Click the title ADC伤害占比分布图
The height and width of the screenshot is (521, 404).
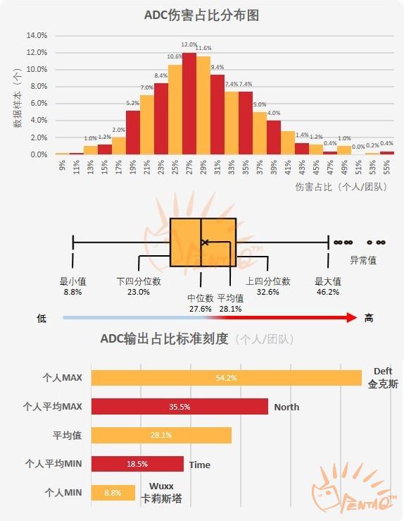point(201,15)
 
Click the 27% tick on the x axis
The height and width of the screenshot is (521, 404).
point(189,166)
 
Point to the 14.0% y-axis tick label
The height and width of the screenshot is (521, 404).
point(37,35)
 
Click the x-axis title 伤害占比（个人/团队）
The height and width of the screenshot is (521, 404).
point(346,187)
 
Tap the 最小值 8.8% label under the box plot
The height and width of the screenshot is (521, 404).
point(72,286)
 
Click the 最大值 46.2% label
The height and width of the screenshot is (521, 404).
point(328,286)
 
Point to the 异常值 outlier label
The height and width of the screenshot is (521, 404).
point(363,260)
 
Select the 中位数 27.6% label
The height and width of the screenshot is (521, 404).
point(201,303)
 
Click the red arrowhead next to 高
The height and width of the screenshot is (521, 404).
point(351,318)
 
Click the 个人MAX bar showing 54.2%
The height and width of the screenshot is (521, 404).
point(226,378)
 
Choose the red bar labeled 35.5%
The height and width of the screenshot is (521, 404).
point(179,407)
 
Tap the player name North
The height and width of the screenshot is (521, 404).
point(286,407)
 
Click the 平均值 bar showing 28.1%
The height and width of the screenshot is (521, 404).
point(161,436)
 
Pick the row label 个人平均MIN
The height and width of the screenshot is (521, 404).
point(53,464)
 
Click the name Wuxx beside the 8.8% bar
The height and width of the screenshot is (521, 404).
point(161,486)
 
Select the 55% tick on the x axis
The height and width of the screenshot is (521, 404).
point(386,166)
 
